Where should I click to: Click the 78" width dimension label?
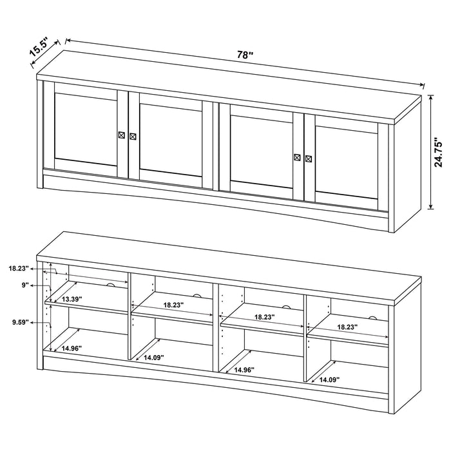(245, 55)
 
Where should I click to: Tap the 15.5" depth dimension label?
(39, 50)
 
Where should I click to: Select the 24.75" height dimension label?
(438, 153)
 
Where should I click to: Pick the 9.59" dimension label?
(19, 323)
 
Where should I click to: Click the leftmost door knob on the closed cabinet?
(121, 135)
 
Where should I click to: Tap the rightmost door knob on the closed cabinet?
(309, 157)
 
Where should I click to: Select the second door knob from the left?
(133, 137)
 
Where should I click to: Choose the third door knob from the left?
(297, 157)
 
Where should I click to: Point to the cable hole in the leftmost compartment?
(110, 285)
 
